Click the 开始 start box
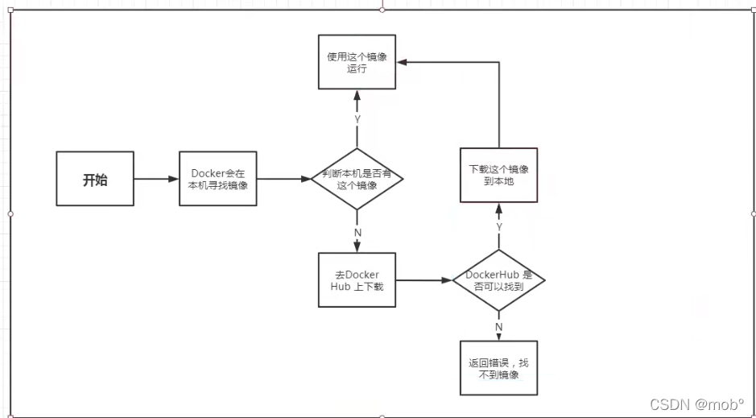(95, 179)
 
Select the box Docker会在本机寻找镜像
(219, 179)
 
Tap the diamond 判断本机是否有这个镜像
(357, 179)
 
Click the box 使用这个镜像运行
(357, 63)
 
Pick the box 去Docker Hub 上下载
(357, 280)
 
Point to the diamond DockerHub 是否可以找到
(499, 280)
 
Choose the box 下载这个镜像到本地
(499, 175)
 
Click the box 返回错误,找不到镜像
(499, 369)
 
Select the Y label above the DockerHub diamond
(499, 228)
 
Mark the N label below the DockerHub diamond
(499, 326)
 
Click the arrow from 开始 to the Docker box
(157, 179)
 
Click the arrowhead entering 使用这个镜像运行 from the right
(401, 62)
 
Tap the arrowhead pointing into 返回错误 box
(499, 337)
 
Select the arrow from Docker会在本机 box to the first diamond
(284, 179)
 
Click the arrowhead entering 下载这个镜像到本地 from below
(499, 207)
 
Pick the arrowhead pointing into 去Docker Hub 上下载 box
(357, 247)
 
